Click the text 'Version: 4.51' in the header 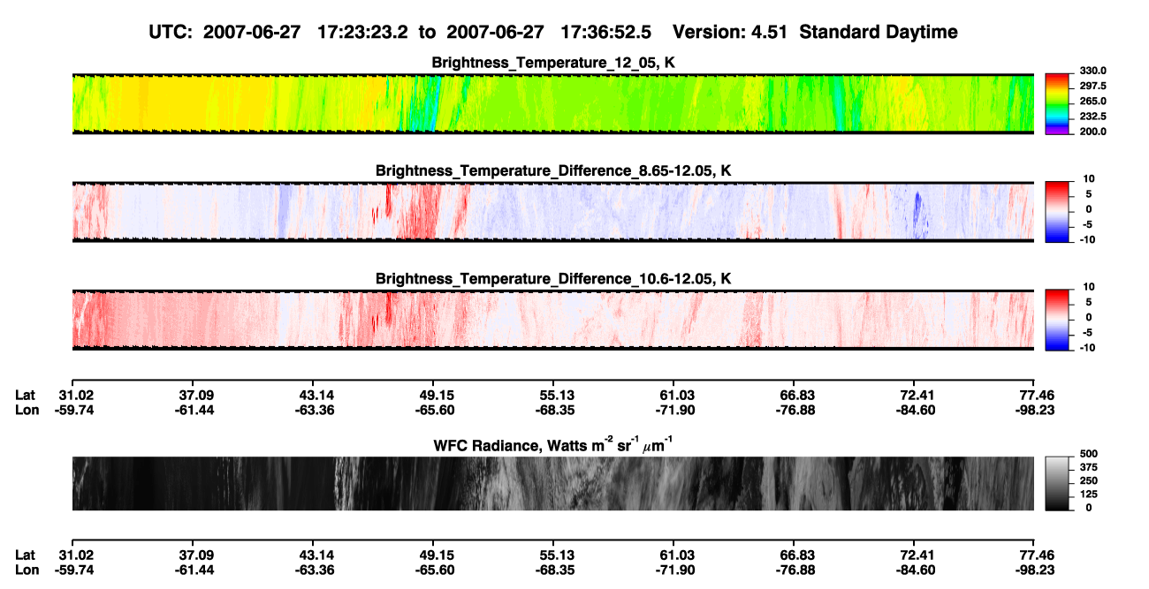[729, 33]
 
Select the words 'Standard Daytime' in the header [879, 33]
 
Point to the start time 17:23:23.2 [362, 33]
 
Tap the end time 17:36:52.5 [605, 33]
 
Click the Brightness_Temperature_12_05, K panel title [553, 63]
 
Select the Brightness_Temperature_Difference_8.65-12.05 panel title [553, 170]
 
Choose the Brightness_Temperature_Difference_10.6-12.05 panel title [553, 279]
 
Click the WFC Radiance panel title [553, 445]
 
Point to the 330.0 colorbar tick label [1092, 71]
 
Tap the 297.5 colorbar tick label [1092, 86]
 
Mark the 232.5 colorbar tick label [1092, 117]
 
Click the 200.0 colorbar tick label [1092, 132]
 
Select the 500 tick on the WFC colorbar [1089, 454]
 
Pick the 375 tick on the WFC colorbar [1089, 467]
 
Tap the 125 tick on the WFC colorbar [1089, 495]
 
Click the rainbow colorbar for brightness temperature [1057, 104]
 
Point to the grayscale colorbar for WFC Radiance [1057, 483]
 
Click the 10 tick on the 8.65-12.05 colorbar [1089, 179]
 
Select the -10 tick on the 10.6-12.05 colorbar [1087, 348]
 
